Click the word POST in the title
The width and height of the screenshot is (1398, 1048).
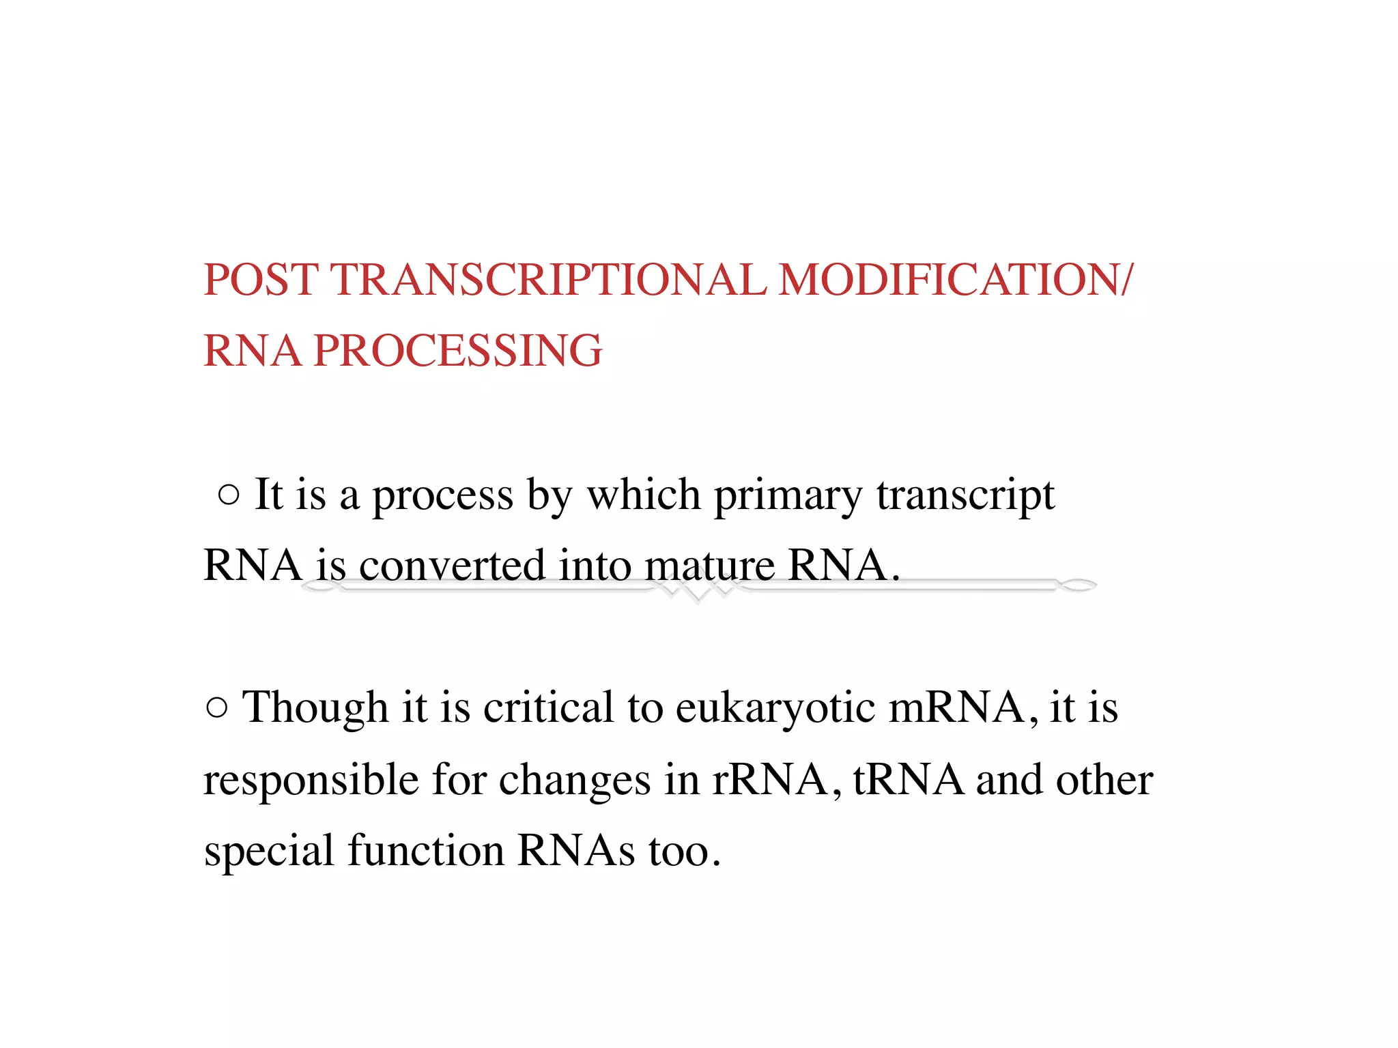coord(261,280)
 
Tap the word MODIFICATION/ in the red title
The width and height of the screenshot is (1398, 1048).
coord(955,280)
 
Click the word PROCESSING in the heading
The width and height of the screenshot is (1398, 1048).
coord(457,351)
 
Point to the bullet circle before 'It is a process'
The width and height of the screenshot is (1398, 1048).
coord(229,495)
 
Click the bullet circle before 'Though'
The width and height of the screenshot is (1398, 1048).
coord(216,708)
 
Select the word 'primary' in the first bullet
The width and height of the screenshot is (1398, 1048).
coord(788,496)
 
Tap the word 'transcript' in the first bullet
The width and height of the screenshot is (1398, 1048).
coord(965,496)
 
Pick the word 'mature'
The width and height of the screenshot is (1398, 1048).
coord(709,566)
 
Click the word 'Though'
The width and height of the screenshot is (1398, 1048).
coord(315,708)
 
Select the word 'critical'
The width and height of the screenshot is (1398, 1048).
coord(548,708)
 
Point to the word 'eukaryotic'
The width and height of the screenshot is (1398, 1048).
coord(775,708)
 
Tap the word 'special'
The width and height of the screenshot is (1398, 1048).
coord(269,852)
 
